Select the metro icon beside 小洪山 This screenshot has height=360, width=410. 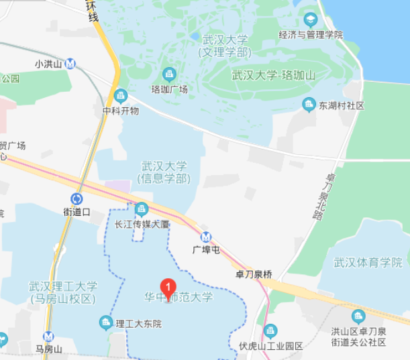point(70,64)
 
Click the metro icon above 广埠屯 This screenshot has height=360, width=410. point(206,237)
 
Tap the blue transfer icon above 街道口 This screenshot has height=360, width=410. point(76,198)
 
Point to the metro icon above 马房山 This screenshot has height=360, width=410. point(48,337)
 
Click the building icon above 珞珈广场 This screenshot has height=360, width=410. point(169,73)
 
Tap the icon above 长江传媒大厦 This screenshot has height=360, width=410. point(142,208)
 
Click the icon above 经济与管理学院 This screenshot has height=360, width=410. point(310,19)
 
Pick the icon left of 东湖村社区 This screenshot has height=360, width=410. point(309,104)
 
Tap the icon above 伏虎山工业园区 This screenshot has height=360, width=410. point(270,331)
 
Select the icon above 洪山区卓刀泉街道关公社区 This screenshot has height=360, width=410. point(358,316)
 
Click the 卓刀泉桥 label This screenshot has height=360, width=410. point(254,274)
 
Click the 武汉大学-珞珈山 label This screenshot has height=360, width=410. point(273,76)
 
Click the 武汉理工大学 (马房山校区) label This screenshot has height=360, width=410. point(63,292)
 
